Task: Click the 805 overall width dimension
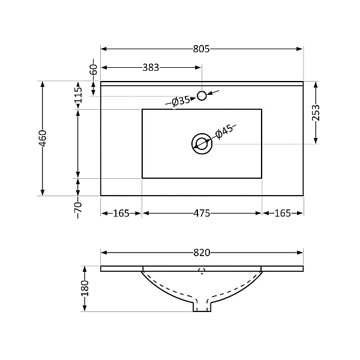coord(202,49)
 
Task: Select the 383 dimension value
coord(151,68)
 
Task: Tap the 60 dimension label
coord(93,70)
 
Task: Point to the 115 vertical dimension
coord(78,97)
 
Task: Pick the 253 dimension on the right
coord(316,113)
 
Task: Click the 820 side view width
coord(202,253)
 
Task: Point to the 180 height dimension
coord(85,289)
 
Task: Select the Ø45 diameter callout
coord(223,131)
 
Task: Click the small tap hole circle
coord(202,95)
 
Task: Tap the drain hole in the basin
coord(202,143)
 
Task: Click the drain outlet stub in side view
coord(202,307)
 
